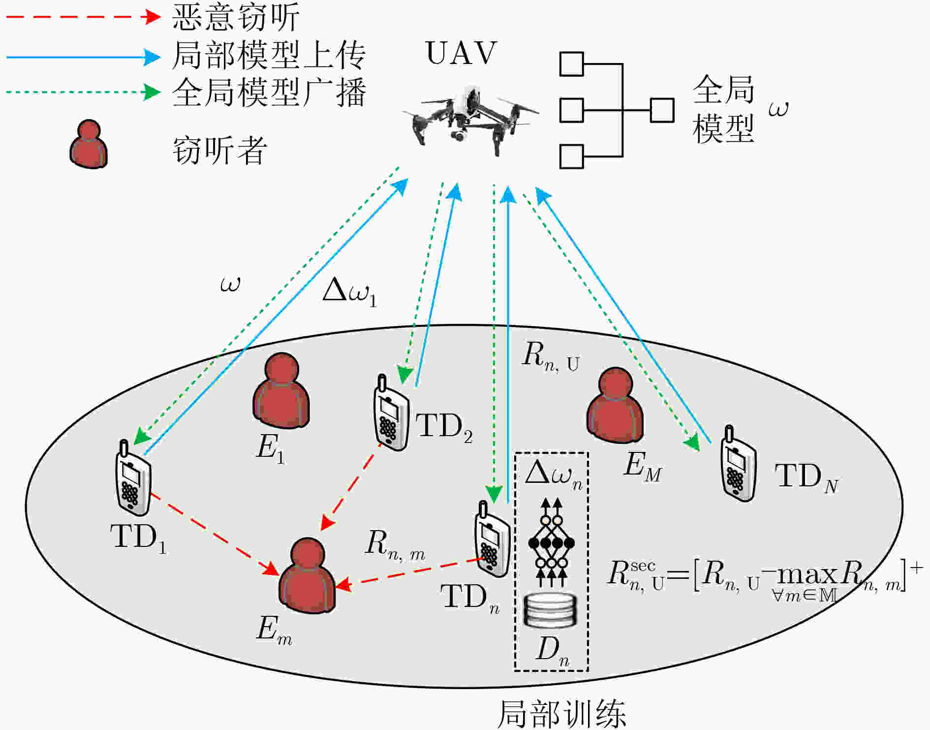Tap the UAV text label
click(x=462, y=53)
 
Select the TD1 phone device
click(x=133, y=477)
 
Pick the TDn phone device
click(x=492, y=539)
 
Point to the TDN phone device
click(x=738, y=463)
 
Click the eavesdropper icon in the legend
click(x=89, y=144)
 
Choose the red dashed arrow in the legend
click(x=84, y=17)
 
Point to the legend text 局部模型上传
click(x=269, y=55)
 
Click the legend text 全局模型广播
click(x=269, y=93)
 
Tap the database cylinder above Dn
click(x=550, y=610)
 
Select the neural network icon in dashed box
click(x=551, y=542)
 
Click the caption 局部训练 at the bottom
click(x=562, y=714)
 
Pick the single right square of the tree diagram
click(x=662, y=110)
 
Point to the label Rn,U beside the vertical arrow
click(x=551, y=356)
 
